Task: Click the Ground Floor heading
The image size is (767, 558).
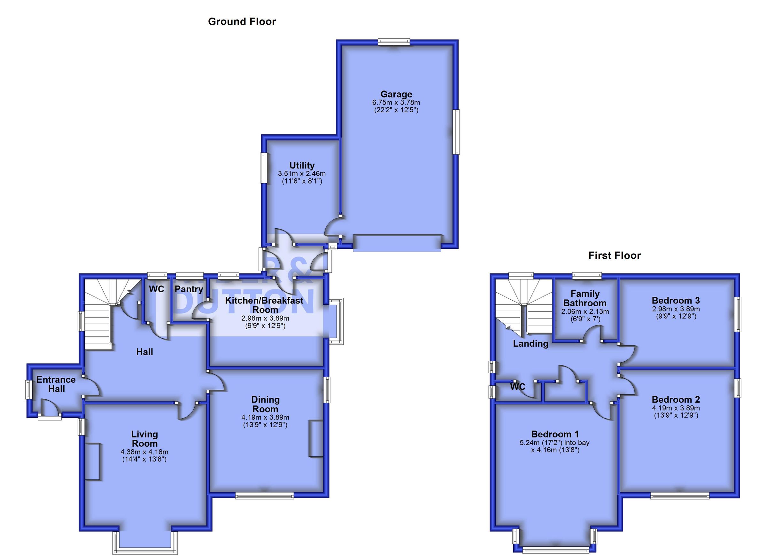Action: (242, 22)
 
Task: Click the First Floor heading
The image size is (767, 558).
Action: (614, 255)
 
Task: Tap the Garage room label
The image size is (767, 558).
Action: (396, 94)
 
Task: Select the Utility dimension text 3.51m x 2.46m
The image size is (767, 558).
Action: (302, 174)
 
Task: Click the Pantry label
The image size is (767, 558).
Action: (189, 289)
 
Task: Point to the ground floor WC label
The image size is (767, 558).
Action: (157, 289)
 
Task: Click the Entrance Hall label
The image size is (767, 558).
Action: (56, 384)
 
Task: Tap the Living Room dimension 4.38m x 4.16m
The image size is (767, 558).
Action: (144, 452)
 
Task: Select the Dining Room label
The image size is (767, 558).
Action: (266, 404)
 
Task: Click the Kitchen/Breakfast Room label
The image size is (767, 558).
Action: (265, 304)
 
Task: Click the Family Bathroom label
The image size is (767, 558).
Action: (585, 298)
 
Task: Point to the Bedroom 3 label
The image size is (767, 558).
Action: (676, 300)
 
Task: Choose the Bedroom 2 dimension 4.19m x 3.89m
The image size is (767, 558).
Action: (676, 408)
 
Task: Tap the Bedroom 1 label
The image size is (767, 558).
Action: (554, 434)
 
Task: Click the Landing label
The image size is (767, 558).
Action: (530, 343)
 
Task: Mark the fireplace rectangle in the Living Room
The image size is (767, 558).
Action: (92, 461)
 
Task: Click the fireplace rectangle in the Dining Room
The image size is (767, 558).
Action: (316, 438)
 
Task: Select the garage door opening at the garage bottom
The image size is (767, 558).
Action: (397, 243)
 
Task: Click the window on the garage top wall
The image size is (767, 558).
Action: (394, 43)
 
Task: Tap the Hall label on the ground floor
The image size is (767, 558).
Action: (144, 352)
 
